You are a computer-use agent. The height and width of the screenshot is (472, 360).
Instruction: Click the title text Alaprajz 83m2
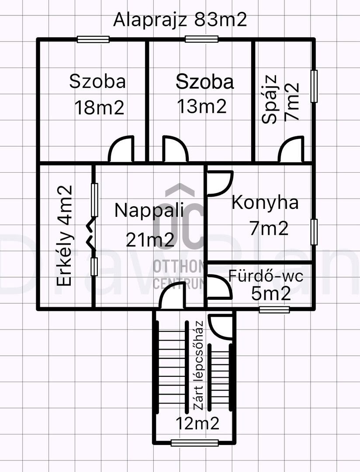click(x=180, y=20)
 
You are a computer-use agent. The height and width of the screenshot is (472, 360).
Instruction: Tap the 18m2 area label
click(x=99, y=107)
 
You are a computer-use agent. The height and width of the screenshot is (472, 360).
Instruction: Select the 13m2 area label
click(x=201, y=106)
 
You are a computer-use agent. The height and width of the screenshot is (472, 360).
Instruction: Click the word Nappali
click(x=149, y=210)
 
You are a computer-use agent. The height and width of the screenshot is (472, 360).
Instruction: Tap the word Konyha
click(x=265, y=203)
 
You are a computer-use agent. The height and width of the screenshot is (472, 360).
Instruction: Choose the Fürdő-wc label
click(x=266, y=276)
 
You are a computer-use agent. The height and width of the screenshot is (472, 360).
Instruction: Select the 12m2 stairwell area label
click(x=197, y=423)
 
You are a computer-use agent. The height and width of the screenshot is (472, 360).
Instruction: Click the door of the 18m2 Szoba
click(x=121, y=150)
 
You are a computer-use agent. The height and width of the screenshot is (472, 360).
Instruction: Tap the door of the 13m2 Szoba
click(x=175, y=150)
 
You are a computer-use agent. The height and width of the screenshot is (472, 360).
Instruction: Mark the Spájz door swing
click(x=291, y=150)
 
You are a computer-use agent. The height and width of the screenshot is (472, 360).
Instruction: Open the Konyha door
click(x=219, y=183)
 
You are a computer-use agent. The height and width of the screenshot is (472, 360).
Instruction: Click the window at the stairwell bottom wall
click(x=194, y=443)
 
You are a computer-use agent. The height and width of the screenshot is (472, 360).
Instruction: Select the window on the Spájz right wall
click(x=314, y=86)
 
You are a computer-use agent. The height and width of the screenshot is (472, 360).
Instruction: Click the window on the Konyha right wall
click(x=314, y=232)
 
